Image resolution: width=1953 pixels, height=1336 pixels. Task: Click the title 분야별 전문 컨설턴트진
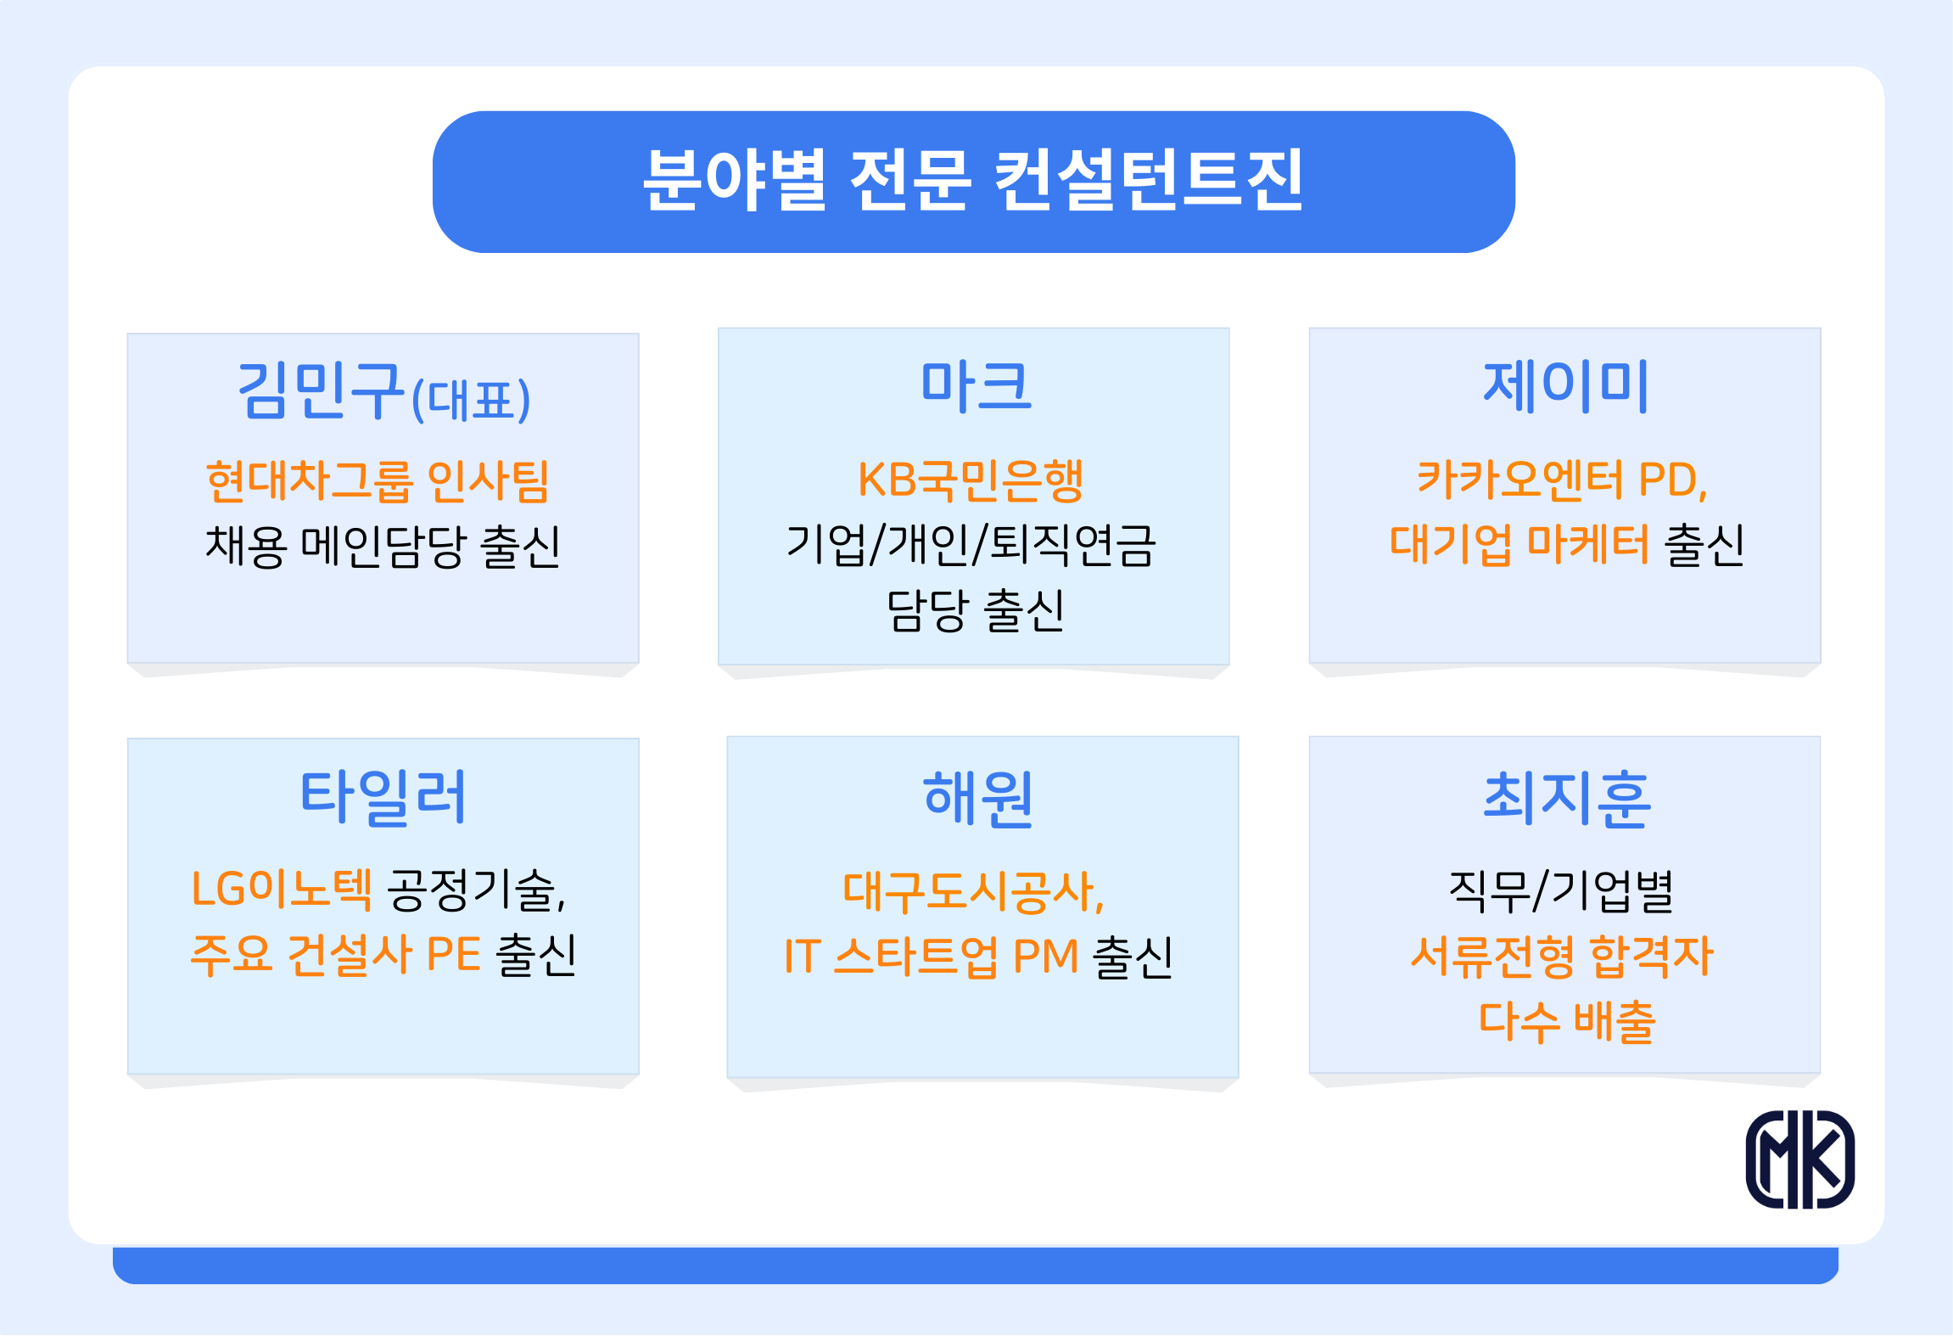pyautogui.click(x=973, y=180)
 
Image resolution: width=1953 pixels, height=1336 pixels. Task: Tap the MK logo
pyautogui.click(x=1800, y=1159)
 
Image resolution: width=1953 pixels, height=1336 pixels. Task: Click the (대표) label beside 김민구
pyautogui.click(x=471, y=400)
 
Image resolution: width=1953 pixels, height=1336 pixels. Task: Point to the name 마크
pyautogui.click(x=976, y=386)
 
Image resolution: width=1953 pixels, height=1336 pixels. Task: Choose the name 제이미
pyautogui.click(x=1565, y=386)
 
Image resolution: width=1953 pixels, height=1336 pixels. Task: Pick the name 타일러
pyautogui.click(x=383, y=797)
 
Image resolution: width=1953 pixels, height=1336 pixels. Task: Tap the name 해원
pyautogui.click(x=977, y=799)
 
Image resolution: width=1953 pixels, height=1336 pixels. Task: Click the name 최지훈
pyautogui.click(x=1567, y=799)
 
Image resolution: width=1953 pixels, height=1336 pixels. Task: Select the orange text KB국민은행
pyautogui.click(x=971, y=480)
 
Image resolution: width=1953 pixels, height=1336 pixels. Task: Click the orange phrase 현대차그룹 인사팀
pyautogui.click(x=378, y=481)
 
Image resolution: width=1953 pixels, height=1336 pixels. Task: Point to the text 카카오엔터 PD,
pyautogui.click(x=1562, y=480)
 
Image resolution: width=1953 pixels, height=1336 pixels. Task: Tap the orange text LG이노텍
pyautogui.click(x=282, y=889)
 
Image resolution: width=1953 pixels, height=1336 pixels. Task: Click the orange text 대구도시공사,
pyautogui.click(x=973, y=892)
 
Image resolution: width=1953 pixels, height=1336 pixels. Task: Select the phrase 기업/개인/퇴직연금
pyautogui.click(x=971, y=545)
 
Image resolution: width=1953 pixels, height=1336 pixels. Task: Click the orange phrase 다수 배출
pyautogui.click(x=1567, y=1022)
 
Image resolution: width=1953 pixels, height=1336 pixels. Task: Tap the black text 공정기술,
pyautogui.click(x=476, y=890)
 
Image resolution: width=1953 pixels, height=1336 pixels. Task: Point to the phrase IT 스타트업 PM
pyautogui.click(x=931, y=957)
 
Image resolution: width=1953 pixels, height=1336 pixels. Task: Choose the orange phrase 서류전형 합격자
pyautogui.click(x=1562, y=957)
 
